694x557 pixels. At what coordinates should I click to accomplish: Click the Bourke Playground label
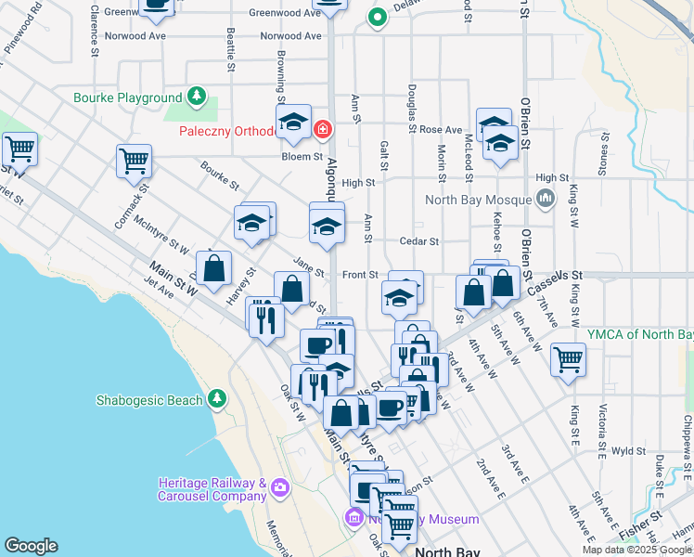coord(128,97)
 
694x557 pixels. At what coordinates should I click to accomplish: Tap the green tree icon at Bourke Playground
coord(197,96)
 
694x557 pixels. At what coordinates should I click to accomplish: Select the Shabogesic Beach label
coord(148,400)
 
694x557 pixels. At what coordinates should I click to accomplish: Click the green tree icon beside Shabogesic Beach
coord(217,399)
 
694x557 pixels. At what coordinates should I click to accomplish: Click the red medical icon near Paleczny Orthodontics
coord(322,130)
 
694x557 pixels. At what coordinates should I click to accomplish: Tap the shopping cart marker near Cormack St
coord(134,161)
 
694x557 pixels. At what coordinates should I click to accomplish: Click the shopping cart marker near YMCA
coord(568,358)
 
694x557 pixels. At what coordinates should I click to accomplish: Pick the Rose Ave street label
coord(441,130)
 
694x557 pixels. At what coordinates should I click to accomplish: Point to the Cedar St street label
coord(418,241)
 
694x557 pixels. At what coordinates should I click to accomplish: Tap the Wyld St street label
coord(629,450)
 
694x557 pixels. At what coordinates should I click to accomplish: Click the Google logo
coord(31,546)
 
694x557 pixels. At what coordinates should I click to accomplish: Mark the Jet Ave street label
coord(159,291)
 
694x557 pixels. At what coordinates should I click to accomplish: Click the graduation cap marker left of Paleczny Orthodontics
coord(293,122)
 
